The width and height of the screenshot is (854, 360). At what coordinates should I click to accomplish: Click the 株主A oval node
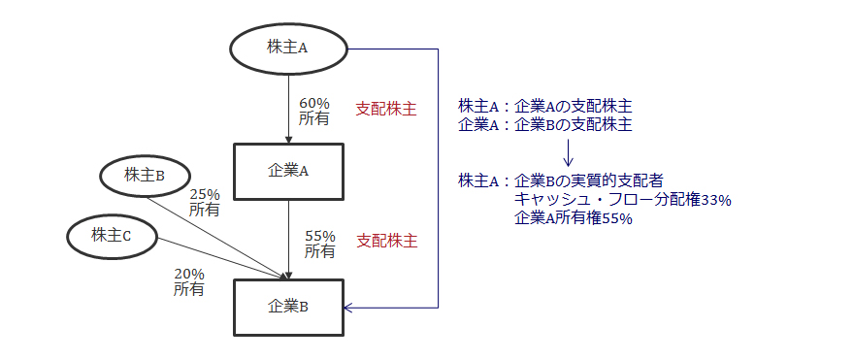click(x=287, y=48)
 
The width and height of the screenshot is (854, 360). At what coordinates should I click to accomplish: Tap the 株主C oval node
click(x=112, y=234)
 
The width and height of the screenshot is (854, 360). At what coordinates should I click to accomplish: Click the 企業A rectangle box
click(x=288, y=171)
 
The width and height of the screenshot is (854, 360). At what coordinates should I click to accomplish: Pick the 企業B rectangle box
click(x=288, y=307)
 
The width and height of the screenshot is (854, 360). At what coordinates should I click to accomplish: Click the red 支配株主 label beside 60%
click(x=386, y=110)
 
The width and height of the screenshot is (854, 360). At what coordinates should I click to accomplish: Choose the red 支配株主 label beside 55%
click(x=387, y=239)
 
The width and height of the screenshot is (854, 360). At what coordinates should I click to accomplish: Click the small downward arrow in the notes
click(x=570, y=152)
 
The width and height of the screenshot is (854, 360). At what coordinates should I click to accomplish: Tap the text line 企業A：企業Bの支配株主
click(x=545, y=125)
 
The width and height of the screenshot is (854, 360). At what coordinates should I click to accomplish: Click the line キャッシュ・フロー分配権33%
click(x=622, y=200)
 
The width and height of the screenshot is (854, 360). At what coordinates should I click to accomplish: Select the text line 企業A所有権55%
click(x=574, y=218)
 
